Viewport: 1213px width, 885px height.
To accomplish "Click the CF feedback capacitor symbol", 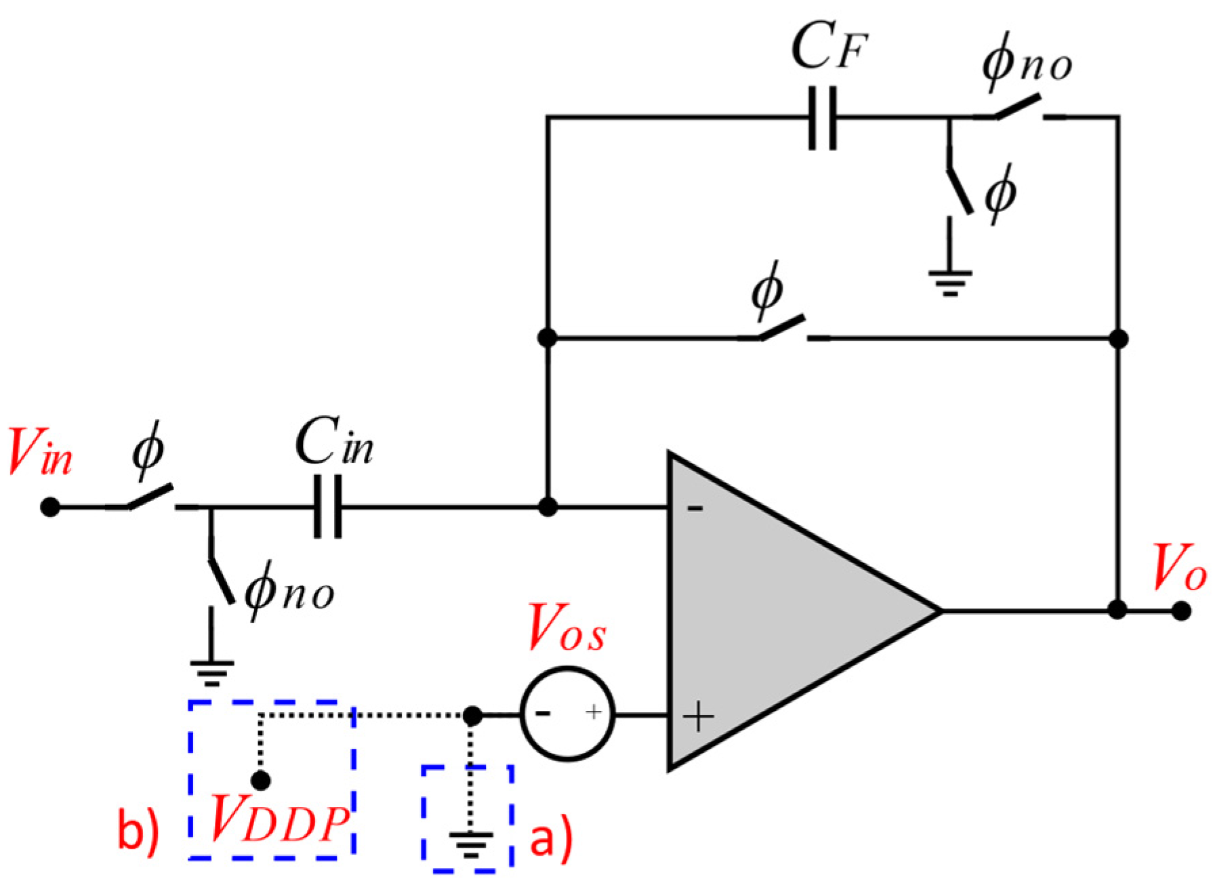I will (x=823, y=118).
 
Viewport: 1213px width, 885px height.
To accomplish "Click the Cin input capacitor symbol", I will (x=328, y=506).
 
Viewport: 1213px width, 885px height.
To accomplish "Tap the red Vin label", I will (x=39, y=452).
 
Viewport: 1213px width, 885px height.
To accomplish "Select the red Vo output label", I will (x=1179, y=568).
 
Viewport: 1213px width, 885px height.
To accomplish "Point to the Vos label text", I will (x=567, y=628).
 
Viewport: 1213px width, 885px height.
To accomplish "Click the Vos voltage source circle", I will (x=568, y=714).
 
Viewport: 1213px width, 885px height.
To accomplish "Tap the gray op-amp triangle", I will (x=779, y=610).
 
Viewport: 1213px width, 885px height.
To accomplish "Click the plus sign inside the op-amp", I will (x=698, y=716).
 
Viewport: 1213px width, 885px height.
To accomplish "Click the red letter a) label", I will (x=550, y=839).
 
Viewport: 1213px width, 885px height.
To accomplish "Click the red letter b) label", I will (x=138, y=828).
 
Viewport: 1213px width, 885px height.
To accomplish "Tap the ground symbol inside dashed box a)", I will (x=470, y=844).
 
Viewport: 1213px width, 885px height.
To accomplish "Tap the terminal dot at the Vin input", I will (x=49, y=507).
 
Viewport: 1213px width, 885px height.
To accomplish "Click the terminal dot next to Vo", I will (x=1181, y=611).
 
